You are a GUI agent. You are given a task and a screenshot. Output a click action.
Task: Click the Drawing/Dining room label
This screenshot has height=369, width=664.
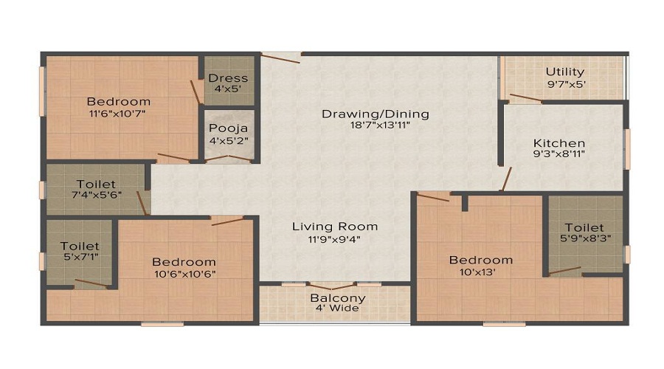(x=375, y=114)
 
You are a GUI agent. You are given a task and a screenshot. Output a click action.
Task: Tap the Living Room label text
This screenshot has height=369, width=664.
(x=334, y=227)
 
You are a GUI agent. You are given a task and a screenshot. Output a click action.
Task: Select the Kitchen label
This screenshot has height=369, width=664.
(x=559, y=143)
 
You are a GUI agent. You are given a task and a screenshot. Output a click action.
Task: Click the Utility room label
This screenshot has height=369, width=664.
(x=565, y=72)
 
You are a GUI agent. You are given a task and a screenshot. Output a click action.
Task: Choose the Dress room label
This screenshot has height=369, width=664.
(x=228, y=78)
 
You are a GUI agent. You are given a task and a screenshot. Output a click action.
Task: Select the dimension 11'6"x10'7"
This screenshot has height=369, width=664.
(x=119, y=114)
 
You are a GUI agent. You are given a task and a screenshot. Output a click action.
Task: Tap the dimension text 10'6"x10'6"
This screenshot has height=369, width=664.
(x=184, y=274)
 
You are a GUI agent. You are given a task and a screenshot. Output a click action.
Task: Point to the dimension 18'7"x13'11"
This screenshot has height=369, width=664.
(x=375, y=125)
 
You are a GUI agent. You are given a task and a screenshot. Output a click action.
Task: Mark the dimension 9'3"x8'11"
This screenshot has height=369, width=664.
(x=559, y=155)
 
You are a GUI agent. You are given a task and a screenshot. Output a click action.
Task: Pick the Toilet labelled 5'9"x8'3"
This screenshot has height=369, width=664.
(x=584, y=227)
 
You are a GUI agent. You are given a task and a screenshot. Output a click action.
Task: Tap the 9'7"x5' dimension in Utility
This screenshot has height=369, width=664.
(x=565, y=83)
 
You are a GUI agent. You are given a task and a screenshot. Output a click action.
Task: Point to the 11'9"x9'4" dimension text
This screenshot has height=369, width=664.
(x=334, y=238)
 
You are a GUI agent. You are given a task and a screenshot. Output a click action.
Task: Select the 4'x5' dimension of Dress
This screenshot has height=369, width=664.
(x=228, y=89)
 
